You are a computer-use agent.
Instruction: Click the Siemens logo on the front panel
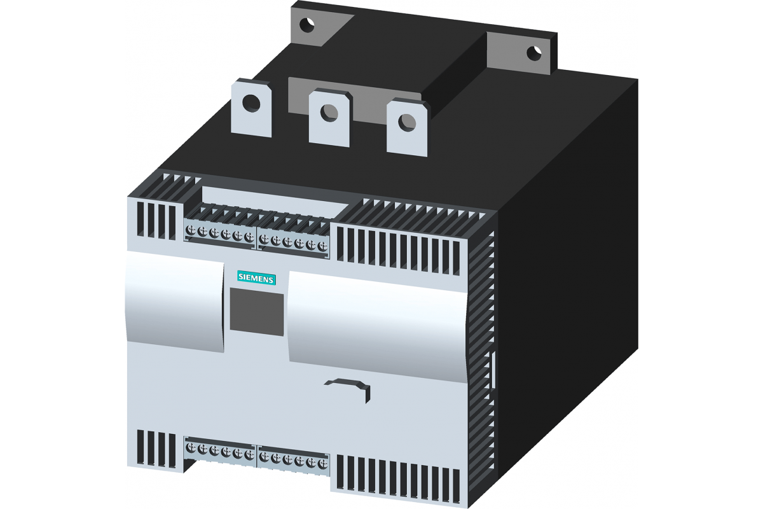256,279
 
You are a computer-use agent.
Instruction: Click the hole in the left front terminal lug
251,103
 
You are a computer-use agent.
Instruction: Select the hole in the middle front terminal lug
329,113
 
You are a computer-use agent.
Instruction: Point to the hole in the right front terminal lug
408,123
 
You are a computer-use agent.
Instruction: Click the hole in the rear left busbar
307,25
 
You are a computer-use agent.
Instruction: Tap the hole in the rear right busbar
534,53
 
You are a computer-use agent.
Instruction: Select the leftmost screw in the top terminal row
190,231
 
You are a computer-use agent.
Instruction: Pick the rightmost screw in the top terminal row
322,246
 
